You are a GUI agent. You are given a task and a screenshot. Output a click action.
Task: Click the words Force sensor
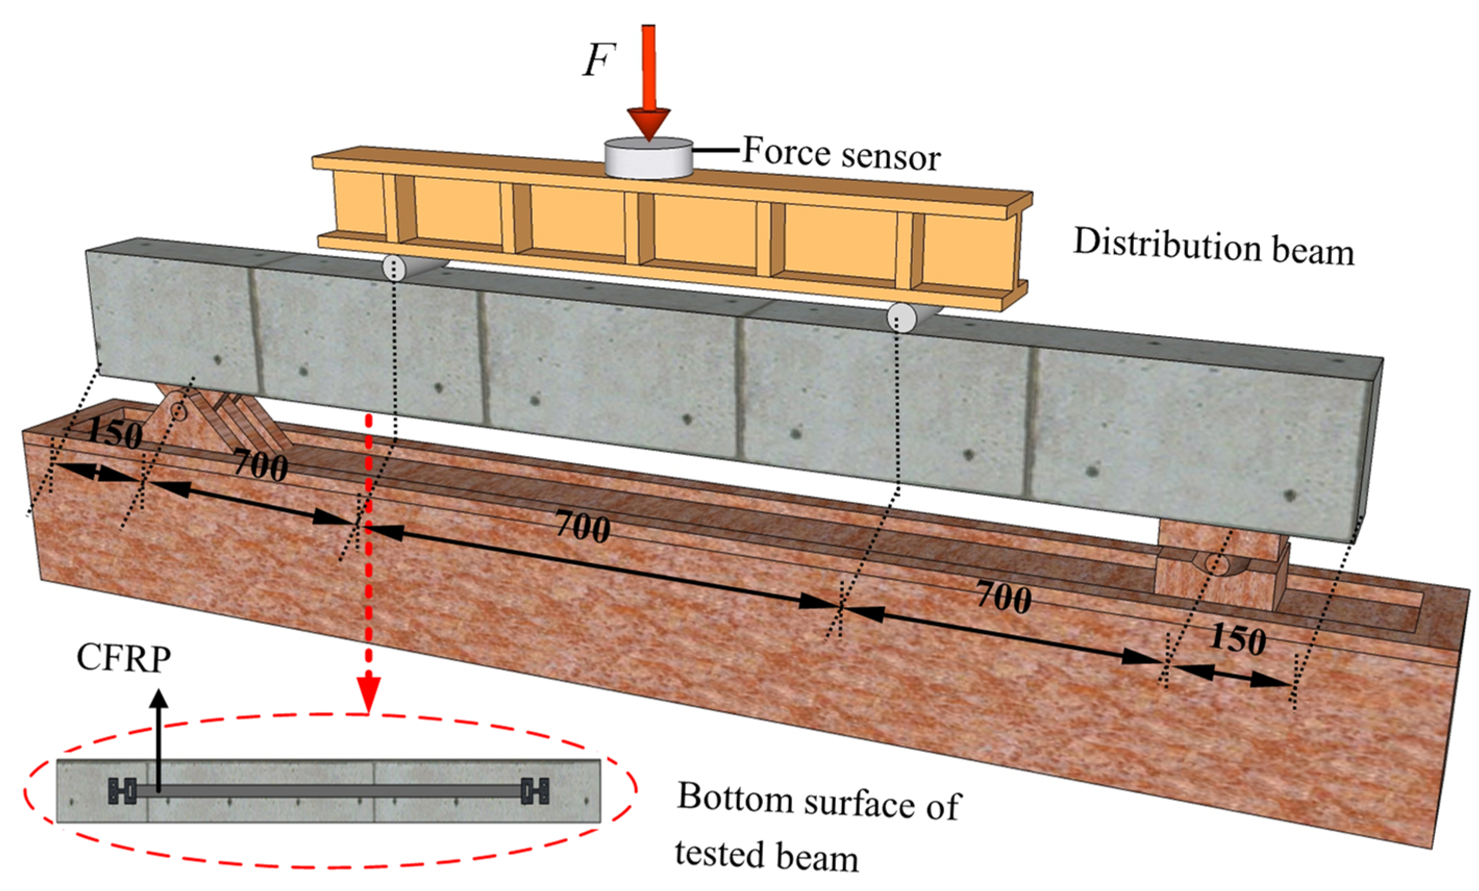coord(842,154)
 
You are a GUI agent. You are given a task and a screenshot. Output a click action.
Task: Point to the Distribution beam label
coord(1214,247)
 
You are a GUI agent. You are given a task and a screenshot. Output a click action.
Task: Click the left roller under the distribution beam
coord(394,268)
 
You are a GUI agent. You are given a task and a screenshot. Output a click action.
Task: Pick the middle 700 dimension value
coord(583,526)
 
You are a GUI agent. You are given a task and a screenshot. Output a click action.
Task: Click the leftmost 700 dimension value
coord(260,465)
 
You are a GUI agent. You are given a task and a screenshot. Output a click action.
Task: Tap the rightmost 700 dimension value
coord(1004,597)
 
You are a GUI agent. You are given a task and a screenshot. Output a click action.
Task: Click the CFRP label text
coord(123,658)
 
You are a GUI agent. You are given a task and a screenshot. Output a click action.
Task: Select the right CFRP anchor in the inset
coord(534,791)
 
